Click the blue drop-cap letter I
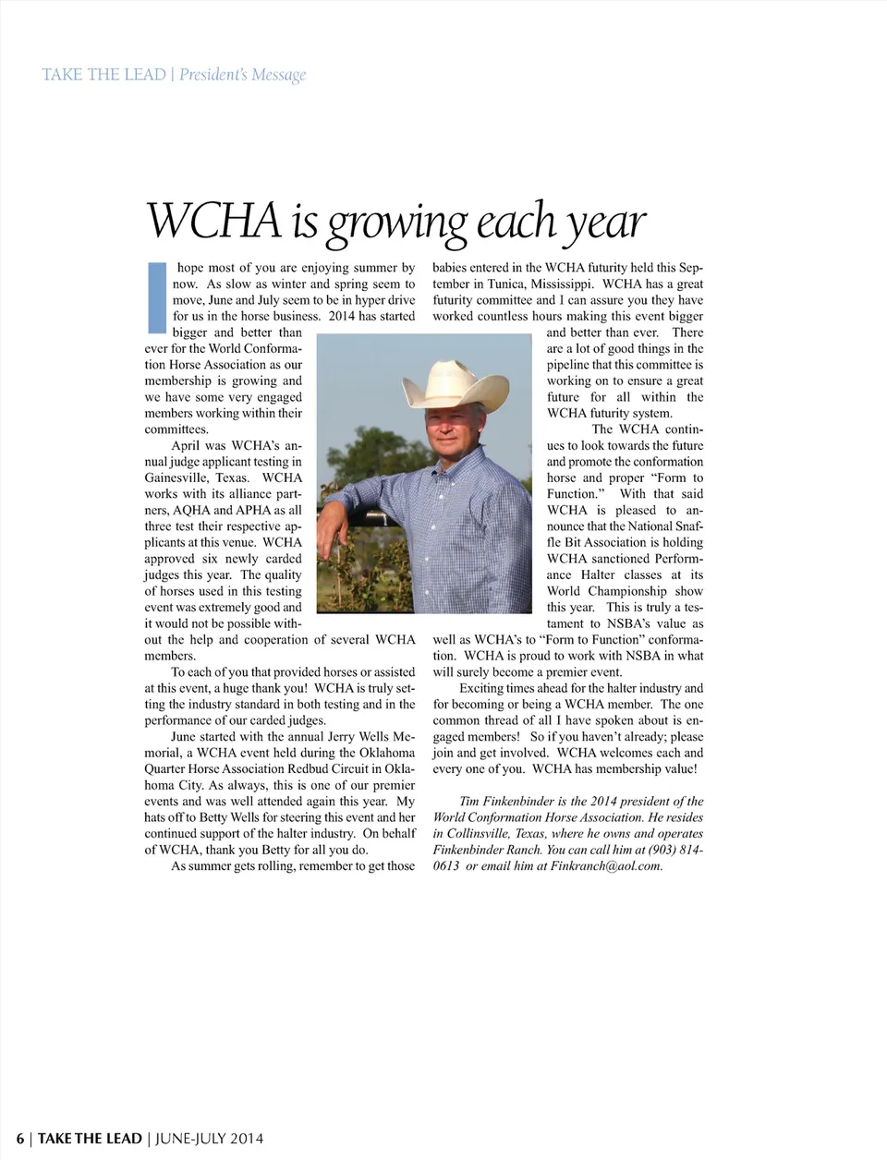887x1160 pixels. pyautogui.click(x=157, y=297)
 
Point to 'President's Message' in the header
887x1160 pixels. pyautogui.click(x=242, y=75)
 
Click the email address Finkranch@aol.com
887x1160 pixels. pyautogui.click(x=606, y=866)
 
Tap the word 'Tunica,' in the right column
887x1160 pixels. pyautogui.click(x=501, y=284)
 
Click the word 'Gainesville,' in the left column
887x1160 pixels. pyautogui.click(x=176, y=477)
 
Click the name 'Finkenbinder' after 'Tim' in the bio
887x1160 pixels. pyautogui.click(x=517, y=802)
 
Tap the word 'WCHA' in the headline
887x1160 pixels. pyautogui.click(x=213, y=222)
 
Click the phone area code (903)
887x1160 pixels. pyautogui.click(x=669, y=850)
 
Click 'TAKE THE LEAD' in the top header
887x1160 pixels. pyautogui.click(x=103, y=75)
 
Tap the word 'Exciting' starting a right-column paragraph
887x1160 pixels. pyautogui.click(x=481, y=688)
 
